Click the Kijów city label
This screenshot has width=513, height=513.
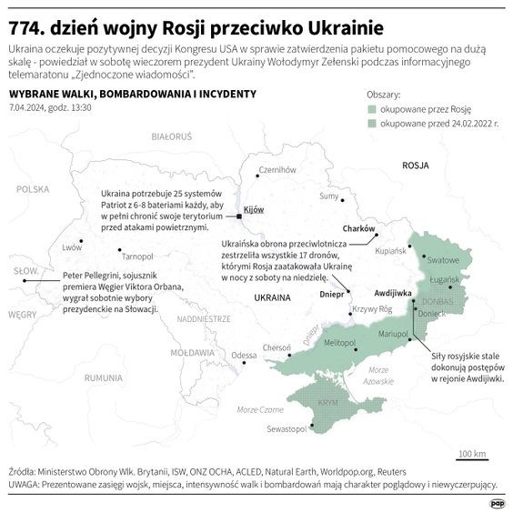(254, 209)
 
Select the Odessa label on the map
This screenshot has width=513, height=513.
(244, 355)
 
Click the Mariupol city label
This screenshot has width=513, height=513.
(392, 336)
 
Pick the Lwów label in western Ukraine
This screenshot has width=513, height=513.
(72, 247)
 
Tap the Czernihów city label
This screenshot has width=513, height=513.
(278, 170)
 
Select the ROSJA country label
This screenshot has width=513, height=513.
(415, 166)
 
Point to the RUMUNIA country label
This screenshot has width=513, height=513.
(103, 377)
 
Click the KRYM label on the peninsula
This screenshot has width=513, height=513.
(327, 402)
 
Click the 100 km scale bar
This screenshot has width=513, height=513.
(472, 459)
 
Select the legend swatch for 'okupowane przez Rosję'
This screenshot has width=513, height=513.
(371, 108)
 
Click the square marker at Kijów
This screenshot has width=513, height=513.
(238, 216)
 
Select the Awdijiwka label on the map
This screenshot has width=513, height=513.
(395, 294)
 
